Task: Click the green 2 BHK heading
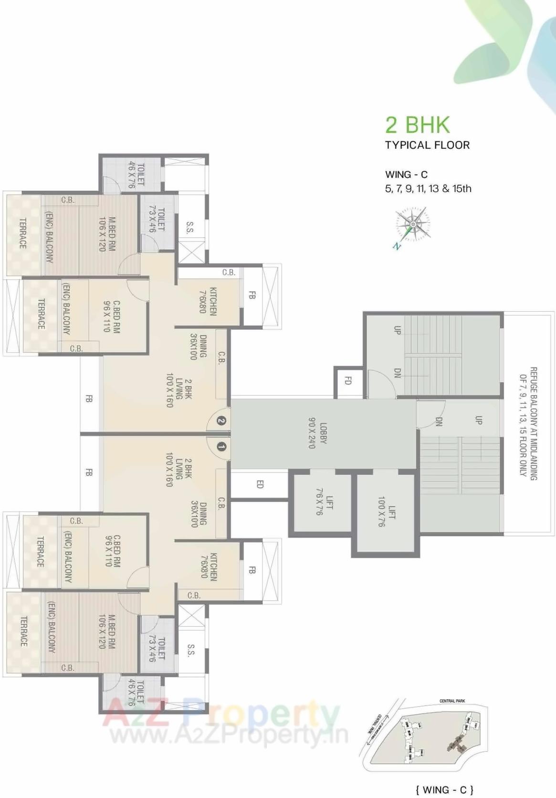pos(418,125)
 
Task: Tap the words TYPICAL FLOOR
pos(427,145)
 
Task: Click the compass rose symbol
pos(411,225)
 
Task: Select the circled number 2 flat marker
pos(221,420)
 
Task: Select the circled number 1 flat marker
pos(221,447)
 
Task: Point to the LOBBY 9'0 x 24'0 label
pos(318,433)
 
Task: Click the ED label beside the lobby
pos(260,484)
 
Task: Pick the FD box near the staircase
pos(348,381)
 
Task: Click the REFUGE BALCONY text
pos(528,423)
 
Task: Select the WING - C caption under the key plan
pos(444,790)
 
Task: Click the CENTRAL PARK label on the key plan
pos(452,701)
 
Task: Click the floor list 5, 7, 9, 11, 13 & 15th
pos(428,189)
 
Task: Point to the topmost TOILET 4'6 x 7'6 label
pos(136,175)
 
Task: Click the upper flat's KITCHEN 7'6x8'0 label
pos(209,301)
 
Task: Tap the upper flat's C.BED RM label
pos(111,316)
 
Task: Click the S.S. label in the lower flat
pos(191,650)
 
